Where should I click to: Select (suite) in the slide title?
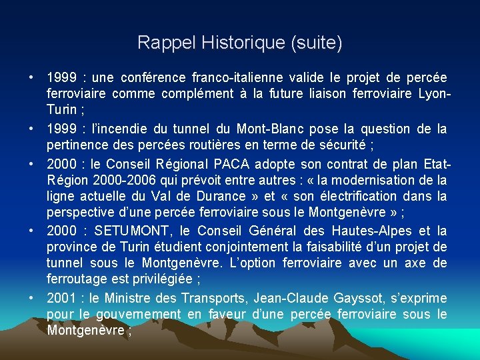[316, 43]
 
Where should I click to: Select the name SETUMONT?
[132, 231]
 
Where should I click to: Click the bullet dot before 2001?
[31, 297]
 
